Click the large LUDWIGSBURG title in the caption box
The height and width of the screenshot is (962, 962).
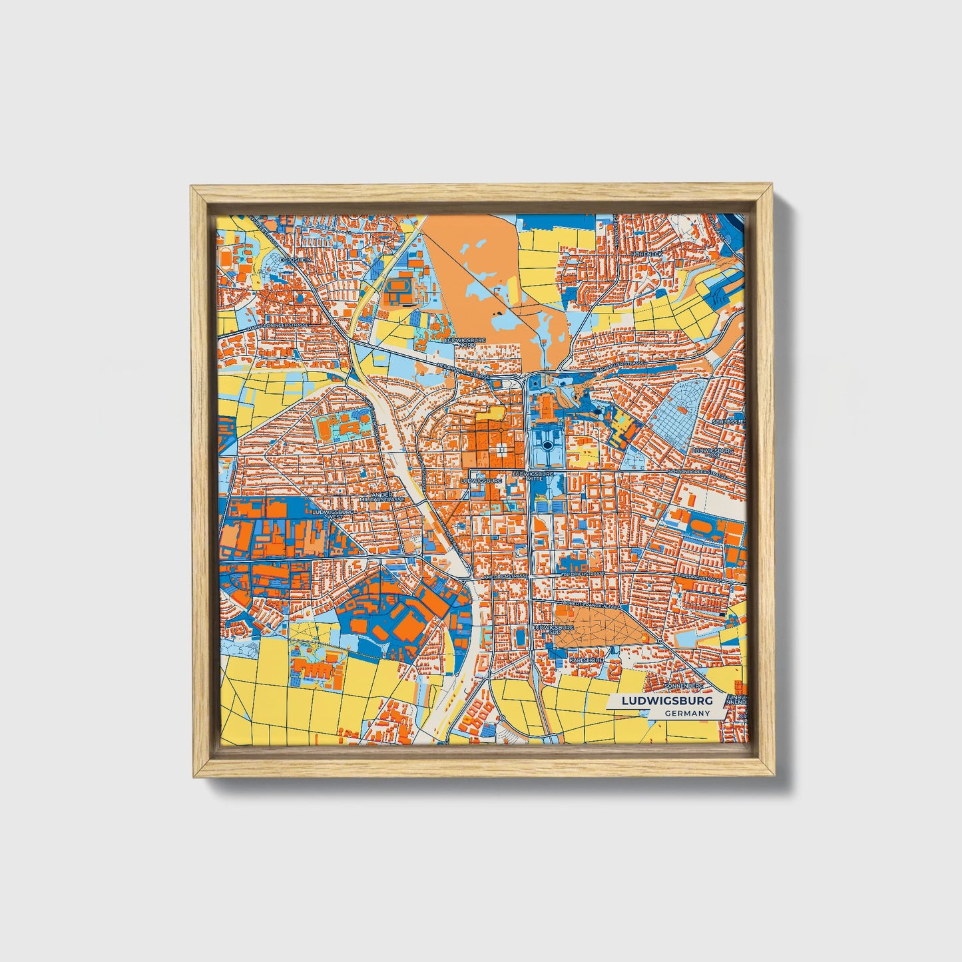pyautogui.click(x=666, y=701)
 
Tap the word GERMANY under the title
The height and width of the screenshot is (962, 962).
pyautogui.click(x=687, y=713)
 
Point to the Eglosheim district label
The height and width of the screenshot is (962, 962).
pyautogui.click(x=296, y=260)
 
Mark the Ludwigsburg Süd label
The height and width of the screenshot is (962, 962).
pyautogui.click(x=545, y=629)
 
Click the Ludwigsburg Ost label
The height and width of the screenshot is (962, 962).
pyautogui.click(x=713, y=453)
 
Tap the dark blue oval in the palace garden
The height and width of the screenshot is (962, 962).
pyautogui.click(x=547, y=445)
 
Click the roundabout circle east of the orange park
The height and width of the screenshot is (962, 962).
pyautogui.click(x=659, y=640)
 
